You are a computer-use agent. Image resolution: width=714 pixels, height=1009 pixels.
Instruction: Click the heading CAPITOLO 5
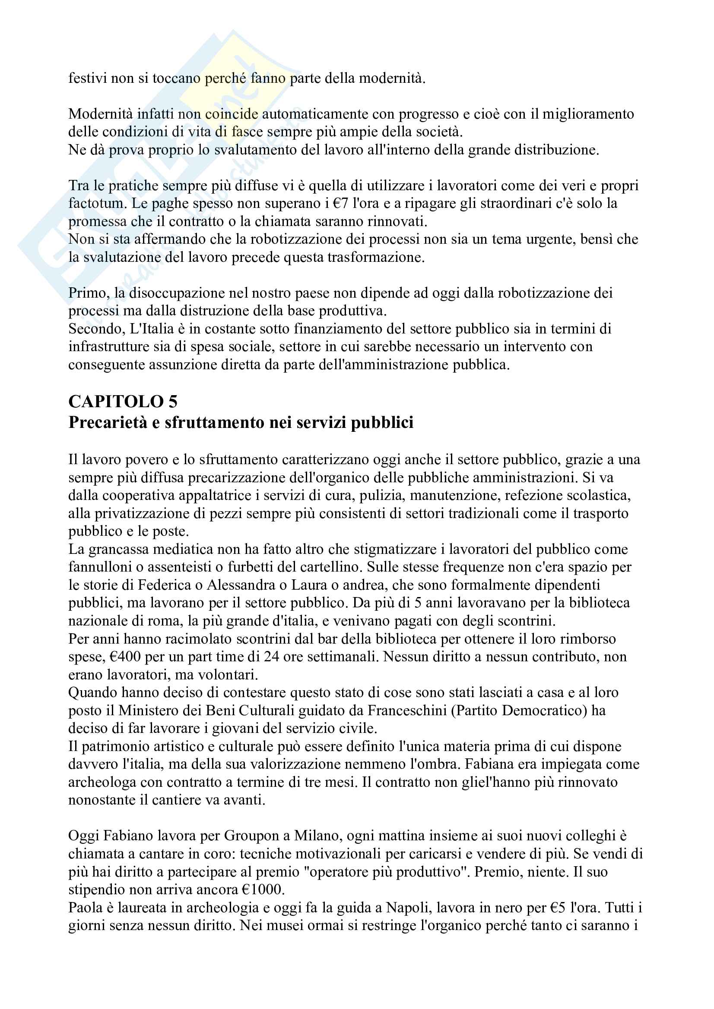tap(123, 402)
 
